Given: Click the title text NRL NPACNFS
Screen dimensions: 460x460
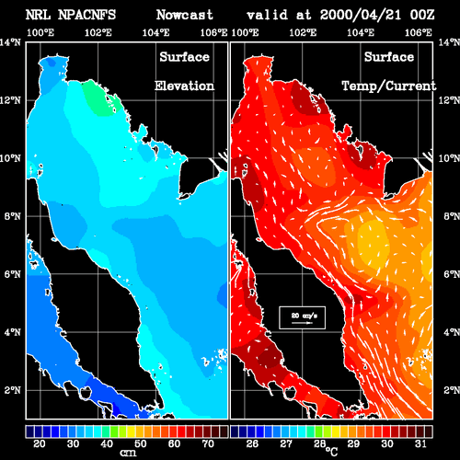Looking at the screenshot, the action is (x=71, y=15).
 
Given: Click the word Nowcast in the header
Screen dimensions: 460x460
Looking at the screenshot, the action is (x=185, y=15).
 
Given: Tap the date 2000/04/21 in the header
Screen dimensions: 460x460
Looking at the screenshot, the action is (x=361, y=15).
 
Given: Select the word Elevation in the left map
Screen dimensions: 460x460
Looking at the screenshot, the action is (x=184, y=86).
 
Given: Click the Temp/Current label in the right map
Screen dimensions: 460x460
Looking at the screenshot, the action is (x=389, y=86).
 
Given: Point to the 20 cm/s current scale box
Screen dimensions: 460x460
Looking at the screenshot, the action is (x=302, y=317).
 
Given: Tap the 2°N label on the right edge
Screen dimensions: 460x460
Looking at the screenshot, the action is (x=452, y=390).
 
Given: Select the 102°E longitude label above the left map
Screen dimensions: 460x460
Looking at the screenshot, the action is (x=98, y=32).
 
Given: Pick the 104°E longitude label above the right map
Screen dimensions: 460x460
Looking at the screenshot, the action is (x=361, y=32).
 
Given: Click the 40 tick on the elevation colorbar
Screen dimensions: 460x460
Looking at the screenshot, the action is (x=107, y=443).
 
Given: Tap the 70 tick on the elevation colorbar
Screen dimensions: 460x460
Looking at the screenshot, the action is (x=208, y=443).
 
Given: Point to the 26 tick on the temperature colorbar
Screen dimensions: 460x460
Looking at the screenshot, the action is (x=252, y=443).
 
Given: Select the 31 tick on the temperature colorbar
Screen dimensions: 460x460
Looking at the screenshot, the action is (x=420, y=443).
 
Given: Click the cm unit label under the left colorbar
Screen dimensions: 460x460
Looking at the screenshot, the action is (x=128, y=453).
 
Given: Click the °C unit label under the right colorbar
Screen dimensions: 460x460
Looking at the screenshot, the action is (x=331, y=452).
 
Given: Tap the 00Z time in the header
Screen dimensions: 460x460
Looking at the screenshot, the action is (x=422, y=15).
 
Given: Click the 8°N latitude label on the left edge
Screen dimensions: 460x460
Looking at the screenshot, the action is (x=12, y=216).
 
